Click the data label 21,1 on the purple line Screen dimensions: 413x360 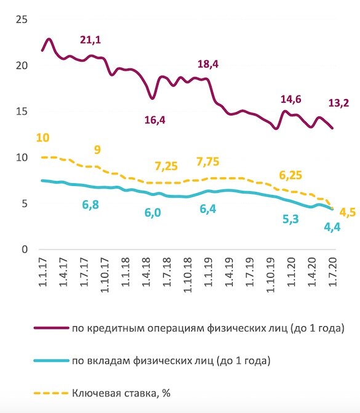(x=90, y=41)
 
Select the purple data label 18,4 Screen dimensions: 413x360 (x=208, y=64)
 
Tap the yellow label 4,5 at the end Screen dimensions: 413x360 (x=348, y=214)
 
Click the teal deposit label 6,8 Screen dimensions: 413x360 (x=92, y=204)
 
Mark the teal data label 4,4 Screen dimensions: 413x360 (x=332, y=227)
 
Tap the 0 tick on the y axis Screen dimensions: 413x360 (x=25, y=249)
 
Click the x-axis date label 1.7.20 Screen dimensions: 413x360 (x=333, y=276)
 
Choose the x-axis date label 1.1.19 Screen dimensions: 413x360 (x=208, y=276)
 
